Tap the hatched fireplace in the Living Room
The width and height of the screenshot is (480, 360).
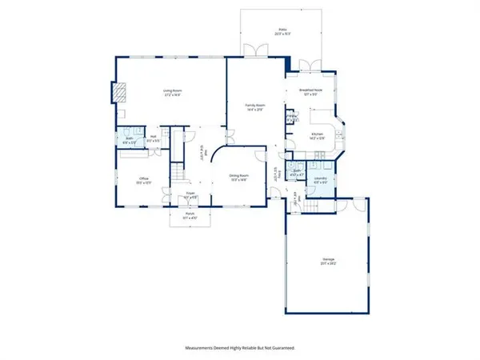[x=119, y=93]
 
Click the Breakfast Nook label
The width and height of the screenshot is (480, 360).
[x=310, y=92]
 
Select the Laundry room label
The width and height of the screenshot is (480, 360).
[x=320, y=179]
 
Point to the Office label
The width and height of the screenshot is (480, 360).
[x=144, y=179]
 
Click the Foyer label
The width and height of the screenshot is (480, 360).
[x=190, y=194]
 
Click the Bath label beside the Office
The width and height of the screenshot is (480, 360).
[x=128, y=140]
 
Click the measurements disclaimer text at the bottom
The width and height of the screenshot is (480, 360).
[x=239, y=349]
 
